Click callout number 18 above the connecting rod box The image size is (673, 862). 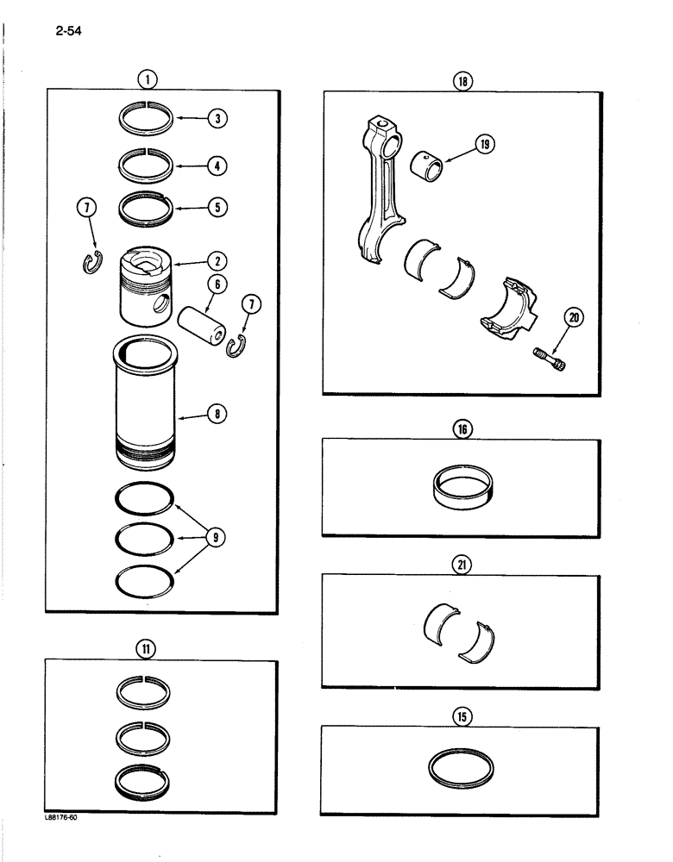[x=463, y=82]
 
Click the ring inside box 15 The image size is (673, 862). [x=462, y=768]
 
